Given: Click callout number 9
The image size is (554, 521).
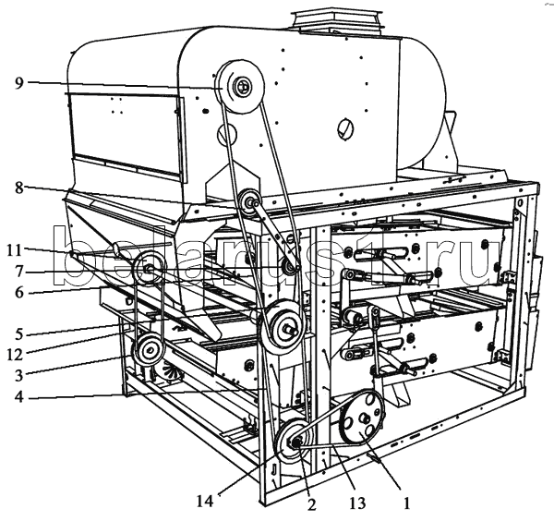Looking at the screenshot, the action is [x=18, y=83].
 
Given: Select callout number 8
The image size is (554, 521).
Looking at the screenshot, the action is [x=18, y=188].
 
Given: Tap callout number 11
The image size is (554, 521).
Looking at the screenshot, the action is [x=15, y=250].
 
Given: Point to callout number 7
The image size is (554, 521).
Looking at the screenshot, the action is [x=18, y=272].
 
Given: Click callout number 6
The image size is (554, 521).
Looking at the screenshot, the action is [x=18, y=293].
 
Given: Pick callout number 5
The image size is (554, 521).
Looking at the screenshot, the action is [x=18, y=334].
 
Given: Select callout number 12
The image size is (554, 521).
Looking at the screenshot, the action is [x=15, y=355].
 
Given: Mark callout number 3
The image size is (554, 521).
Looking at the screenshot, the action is [x=18, y=375].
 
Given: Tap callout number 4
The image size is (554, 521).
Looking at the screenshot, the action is [x=18, y=396].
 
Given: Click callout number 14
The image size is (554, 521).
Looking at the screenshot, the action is [x=205, y=501].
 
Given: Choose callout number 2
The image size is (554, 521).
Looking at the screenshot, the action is [x=311, y=504].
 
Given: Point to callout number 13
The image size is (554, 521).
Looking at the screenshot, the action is [x=357, y=503].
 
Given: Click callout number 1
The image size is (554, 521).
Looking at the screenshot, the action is [x=406, y=503].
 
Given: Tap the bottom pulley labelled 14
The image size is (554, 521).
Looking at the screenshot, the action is [x=294, y=441].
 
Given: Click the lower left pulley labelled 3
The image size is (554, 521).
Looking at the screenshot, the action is [x=148, y=350].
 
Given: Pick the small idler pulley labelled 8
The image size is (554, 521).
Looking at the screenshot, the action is [x=250, y=203].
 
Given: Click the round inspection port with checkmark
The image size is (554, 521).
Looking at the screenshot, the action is [x=345, y=128].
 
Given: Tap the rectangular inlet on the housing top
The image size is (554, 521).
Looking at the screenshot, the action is [x=337, y=22].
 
